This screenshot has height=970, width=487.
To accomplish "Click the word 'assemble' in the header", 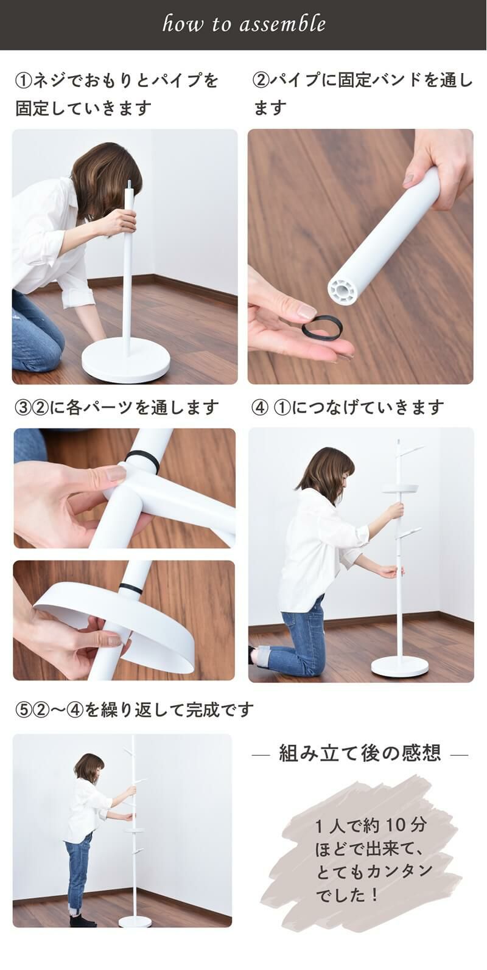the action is pyautogui.click(x=282, y=23).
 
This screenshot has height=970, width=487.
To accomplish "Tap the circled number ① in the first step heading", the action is pyautogui.click(x=23, y=80).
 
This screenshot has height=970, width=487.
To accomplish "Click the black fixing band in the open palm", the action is pyautogui.click(x=322, y=327).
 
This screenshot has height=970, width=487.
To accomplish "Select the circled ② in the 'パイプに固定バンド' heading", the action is pyautogui.click(x=261, y=80).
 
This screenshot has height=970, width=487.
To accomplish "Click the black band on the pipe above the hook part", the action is pyautogui.click(x=144, y=461).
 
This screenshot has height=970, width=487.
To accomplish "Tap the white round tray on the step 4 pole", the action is pyautogui.click(x=401, y=489).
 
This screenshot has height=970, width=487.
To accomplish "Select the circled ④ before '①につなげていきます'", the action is pyautogui.click(x=260, y=408).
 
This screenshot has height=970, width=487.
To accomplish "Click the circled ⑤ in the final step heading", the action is pyautogui.click(x=23, y=710).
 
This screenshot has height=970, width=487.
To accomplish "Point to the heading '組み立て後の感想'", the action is pyautogui.click(x=360, y=753).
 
